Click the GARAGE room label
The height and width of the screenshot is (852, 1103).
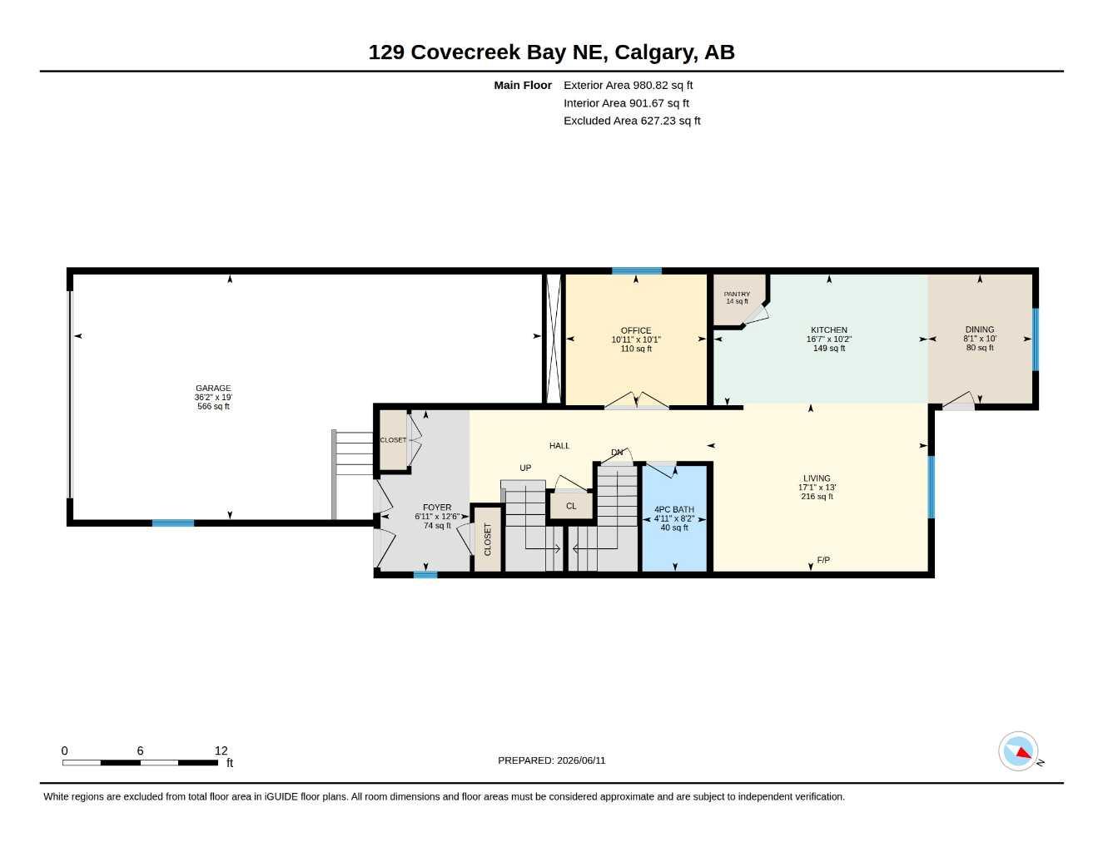click(213, 388)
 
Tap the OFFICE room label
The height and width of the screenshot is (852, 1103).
click(635, 330)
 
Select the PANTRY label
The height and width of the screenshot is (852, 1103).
click(737, 295)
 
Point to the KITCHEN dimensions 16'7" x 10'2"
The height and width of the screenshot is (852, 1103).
click(828, 339)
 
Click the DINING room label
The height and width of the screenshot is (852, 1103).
click(979, 329)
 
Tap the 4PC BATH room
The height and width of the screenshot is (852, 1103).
click(674, 518)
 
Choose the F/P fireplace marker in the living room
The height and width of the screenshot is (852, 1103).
click(822, 560)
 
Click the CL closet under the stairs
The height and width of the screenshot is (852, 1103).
click(571, 506)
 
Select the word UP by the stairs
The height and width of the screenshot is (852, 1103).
click(524, 468)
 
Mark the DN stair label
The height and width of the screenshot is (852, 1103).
click(617, 453)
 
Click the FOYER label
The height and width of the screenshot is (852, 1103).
click(436, 508)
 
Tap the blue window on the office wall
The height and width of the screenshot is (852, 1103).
click(636, 270)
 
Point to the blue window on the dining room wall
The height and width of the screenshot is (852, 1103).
click(1036, 339)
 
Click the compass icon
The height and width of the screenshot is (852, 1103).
click(1018, 751)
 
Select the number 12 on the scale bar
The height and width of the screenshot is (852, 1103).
click(221, 750)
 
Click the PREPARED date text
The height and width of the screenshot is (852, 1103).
click(551, 760)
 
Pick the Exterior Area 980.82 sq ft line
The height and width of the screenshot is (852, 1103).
click(628, 85)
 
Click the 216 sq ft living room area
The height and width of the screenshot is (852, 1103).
click(817, 496)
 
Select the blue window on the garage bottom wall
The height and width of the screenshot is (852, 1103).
click(172, 523)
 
